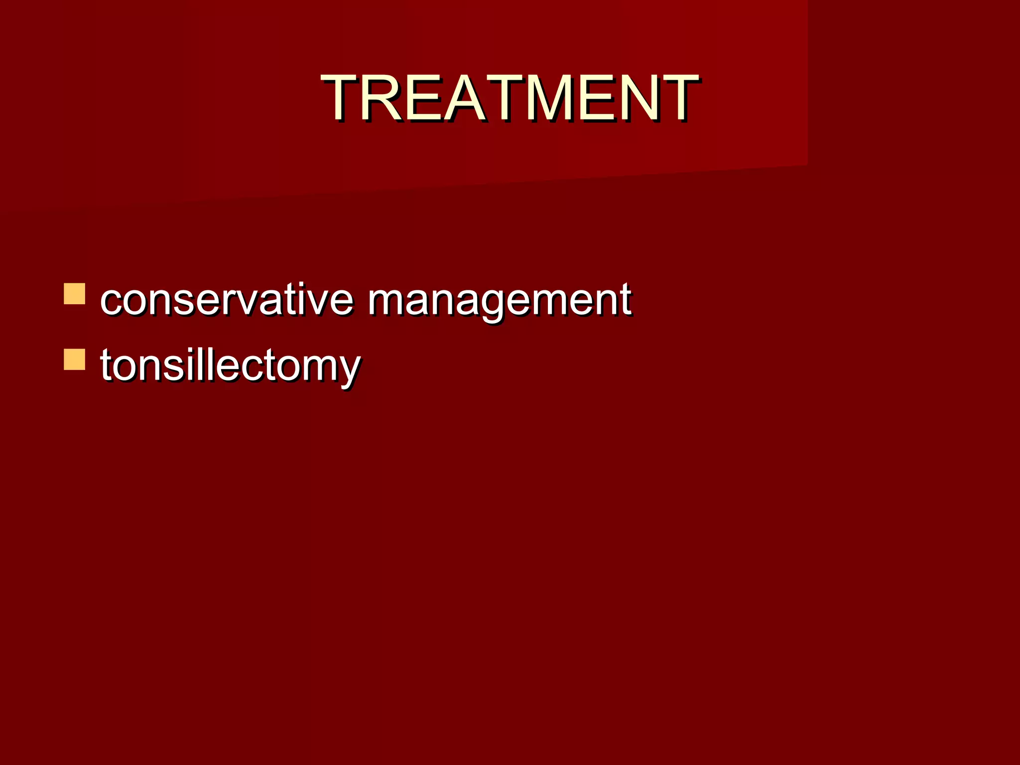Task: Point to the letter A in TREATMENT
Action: [465, 98]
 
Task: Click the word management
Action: [500, 300]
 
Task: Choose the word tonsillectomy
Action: [230, 366]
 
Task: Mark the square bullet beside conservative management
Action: [74, 294]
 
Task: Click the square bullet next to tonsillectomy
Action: [74, 360]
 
